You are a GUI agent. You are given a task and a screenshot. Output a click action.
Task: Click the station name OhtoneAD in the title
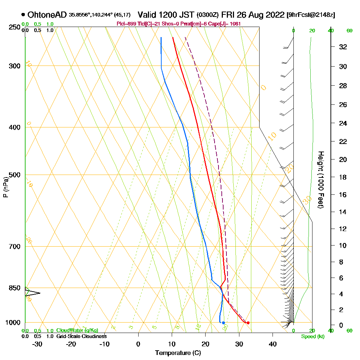click(47, 15)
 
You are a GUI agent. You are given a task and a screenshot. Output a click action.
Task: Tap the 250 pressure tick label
click(13, 27)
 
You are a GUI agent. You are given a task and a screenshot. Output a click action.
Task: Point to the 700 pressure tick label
click(13, 247)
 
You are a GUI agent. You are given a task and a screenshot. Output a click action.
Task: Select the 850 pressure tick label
click(13, 288)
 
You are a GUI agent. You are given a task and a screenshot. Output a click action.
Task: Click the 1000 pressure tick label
click(12, 323)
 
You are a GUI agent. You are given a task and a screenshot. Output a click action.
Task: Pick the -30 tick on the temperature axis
click(37, 344)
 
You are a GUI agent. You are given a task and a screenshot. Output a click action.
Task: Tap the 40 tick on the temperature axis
click(273, 344)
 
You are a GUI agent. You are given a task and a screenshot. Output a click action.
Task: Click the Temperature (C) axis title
click(178, 353)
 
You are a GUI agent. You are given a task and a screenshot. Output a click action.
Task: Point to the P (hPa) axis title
click(5, 187)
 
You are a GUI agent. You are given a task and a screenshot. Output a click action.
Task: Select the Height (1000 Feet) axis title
click(320, 180)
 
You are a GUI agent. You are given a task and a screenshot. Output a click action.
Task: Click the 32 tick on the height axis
click(343, 47)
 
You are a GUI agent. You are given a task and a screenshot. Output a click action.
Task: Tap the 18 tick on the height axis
click(343, 177)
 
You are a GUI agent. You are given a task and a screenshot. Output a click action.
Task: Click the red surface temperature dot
click(248, 323)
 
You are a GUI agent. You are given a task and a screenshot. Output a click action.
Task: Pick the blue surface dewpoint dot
click(223, 323)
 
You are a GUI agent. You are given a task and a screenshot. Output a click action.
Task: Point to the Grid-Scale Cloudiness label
click(81, 336)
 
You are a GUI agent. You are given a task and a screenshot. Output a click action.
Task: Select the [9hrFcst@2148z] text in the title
click(311, 15)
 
